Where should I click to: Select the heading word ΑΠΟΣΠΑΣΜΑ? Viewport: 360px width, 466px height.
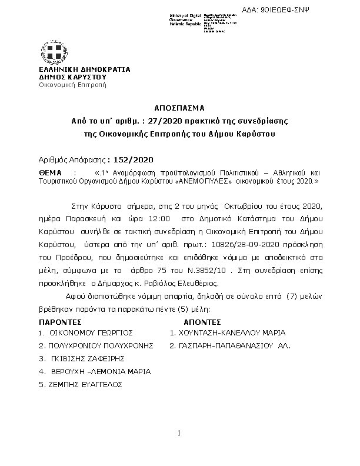point(180,108)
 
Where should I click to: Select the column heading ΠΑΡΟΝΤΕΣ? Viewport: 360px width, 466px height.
point(61,322)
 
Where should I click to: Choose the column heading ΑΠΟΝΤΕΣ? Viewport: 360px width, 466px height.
point(202,322)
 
